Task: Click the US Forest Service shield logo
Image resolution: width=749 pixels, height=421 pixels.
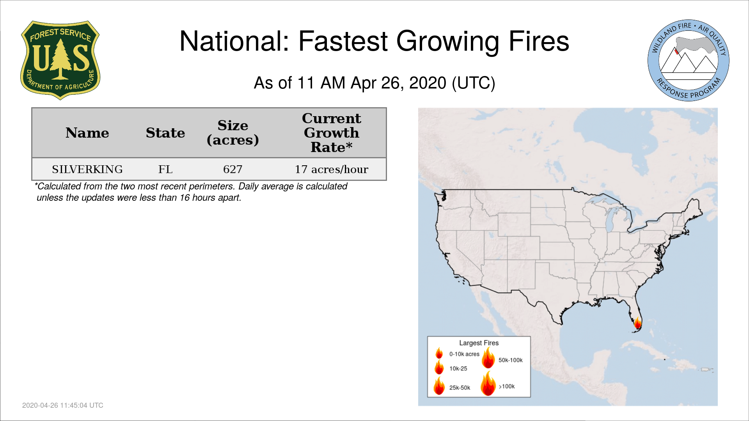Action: [60, 60]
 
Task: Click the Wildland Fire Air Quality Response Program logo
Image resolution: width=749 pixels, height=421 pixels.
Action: [689, 60]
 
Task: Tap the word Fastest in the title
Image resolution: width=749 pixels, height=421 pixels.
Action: [343, 41]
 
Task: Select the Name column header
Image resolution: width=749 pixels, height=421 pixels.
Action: [87, 133]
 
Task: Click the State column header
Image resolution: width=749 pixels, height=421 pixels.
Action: [165, 133]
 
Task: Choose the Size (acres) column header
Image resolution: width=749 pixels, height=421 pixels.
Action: [233, 133]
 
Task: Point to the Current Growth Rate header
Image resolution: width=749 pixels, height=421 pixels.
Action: [332, 133]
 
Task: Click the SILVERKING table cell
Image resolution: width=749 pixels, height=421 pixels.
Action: [87, 169]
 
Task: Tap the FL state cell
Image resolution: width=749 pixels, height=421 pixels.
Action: [165, 169]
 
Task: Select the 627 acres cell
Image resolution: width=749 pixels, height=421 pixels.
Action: [233, 169]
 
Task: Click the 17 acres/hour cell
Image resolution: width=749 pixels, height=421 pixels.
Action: [332, 169]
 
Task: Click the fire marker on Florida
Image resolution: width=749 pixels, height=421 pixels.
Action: [637, 323]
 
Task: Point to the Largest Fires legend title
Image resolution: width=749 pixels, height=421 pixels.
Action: [479, 343]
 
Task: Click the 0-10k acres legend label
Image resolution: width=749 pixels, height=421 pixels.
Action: [464, 354]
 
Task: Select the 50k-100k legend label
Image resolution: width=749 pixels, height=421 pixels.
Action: [511, 360]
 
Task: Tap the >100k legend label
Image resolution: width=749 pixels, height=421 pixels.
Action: [507, 386]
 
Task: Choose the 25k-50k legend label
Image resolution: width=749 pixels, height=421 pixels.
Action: [460, 387]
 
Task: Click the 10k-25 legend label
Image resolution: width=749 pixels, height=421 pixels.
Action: [458, 368]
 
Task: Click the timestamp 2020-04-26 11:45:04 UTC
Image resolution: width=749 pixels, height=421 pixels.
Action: [63, 405]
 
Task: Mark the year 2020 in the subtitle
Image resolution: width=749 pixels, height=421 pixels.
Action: [428, 83]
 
